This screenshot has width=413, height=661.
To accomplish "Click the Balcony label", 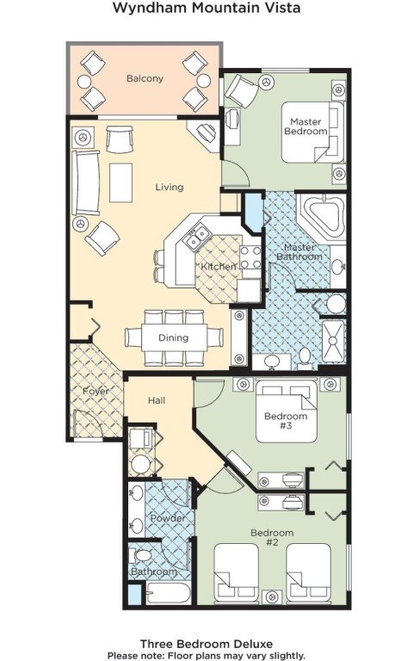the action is click(x=145, y=78).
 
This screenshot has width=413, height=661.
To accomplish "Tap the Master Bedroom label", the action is click(x=305, y=127).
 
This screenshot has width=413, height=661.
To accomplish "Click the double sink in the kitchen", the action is click(x=197, y=237).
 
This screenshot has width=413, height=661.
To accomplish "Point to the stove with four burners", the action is click(x=250, y=257).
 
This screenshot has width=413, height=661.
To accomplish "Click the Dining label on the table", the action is click(x=173, y=337).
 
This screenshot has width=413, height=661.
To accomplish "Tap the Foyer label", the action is click(x=96, y=392).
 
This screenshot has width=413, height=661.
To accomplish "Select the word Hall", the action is click(x=157, y=400).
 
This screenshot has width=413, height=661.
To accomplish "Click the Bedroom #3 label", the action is click(x=286, y=421).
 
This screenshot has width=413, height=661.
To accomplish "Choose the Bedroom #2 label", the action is click(x=272, y=537).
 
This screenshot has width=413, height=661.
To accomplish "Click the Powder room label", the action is click(x=168, y=518).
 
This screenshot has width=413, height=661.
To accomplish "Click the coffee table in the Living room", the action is click(x=121, y=183).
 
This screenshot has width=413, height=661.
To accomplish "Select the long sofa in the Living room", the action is click(x=86, y=183).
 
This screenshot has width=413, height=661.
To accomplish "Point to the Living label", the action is click(x=170, y=187).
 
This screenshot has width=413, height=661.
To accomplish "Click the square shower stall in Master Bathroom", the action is click(x=333, y=341).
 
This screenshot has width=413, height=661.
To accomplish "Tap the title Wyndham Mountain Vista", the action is click(x=206, y=8).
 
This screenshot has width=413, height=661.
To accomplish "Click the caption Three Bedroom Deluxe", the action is click(x=206, y=644).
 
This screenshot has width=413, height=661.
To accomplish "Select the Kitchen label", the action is click(x=218, y=267).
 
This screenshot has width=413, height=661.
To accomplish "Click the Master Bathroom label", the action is click(x=299, y=252).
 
